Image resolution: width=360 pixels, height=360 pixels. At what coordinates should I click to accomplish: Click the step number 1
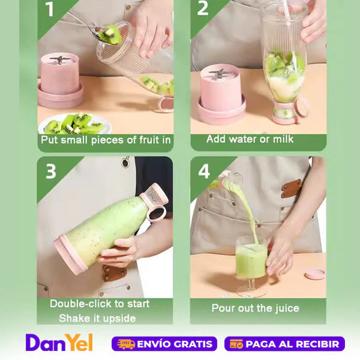pos(50,9)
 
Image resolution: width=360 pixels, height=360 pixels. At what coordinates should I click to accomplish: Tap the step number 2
pos(203,8)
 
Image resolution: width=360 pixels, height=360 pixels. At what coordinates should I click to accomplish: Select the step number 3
pos(51,171)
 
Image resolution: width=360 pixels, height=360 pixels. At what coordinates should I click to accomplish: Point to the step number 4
pos(204,171)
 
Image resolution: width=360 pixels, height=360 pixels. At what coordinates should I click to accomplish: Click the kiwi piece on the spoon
pos(110,34)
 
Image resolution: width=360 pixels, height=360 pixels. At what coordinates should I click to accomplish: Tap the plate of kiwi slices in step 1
pos(74,124)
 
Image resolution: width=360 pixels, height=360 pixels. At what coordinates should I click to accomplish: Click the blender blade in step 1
pos(60,59)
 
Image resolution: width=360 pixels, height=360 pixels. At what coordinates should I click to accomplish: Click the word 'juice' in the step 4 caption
pos(287,308)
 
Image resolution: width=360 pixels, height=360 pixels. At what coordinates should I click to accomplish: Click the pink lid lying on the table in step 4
pos(315,274)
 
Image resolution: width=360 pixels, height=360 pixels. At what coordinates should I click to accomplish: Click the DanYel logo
pos(59,343)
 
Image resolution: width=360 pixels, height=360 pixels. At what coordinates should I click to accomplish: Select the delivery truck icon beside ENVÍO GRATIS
pos(126,344)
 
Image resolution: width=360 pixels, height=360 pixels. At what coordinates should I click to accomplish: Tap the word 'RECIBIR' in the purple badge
pos(317,344)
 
